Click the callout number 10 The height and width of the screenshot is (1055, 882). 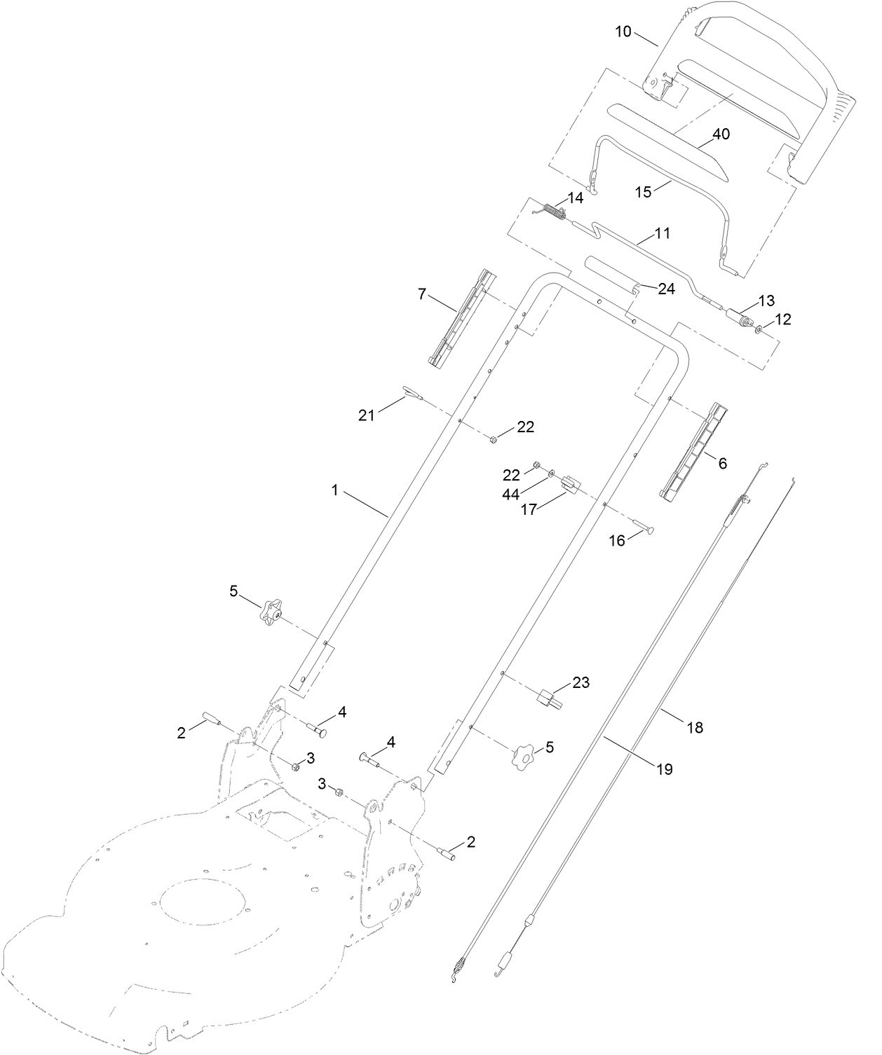tap(623, 32)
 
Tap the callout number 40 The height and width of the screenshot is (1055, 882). tap(721, 135)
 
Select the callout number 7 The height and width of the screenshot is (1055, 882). tap(422, 294)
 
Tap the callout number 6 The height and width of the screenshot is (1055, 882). tap(722, 463)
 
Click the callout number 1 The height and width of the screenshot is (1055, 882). tap(334, 490)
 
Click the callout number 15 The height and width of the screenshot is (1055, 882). tap(644, 193)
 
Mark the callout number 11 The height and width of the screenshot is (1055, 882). tap(662, 233)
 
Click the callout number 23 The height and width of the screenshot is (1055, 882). tap(581, 682)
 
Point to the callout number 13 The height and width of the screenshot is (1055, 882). tap(767, 301)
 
